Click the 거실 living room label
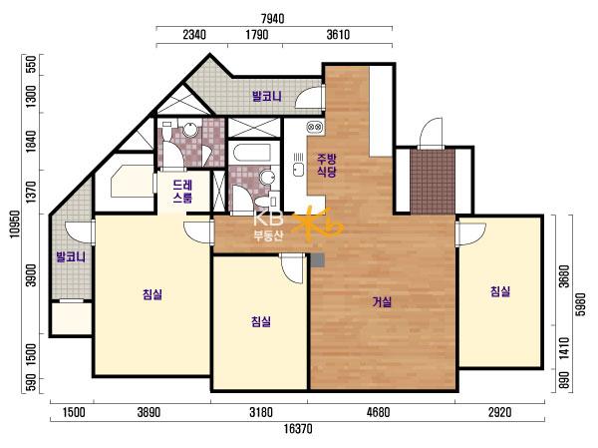click(382, 302)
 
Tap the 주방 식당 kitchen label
click(327, 165)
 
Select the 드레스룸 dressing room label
click(182, 192)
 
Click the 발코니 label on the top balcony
click(267, 96)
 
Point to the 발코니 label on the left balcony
click(71, 256)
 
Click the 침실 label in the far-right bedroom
click(500, 291)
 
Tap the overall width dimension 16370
click(298, 428)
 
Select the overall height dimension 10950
click(15, 224)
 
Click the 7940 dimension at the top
click(272, 19)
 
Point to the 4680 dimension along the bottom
click(379, 412)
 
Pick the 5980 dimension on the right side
click(580, 304)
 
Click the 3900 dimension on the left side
click(32, 274)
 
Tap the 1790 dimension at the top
click(257, 35)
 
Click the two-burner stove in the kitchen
click(315, 126)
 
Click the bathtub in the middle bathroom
click(252, 152)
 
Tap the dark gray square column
click(317, 260)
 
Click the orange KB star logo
click(319, 224)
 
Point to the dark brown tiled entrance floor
click(433, 182)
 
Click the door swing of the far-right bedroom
click(472, 233)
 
